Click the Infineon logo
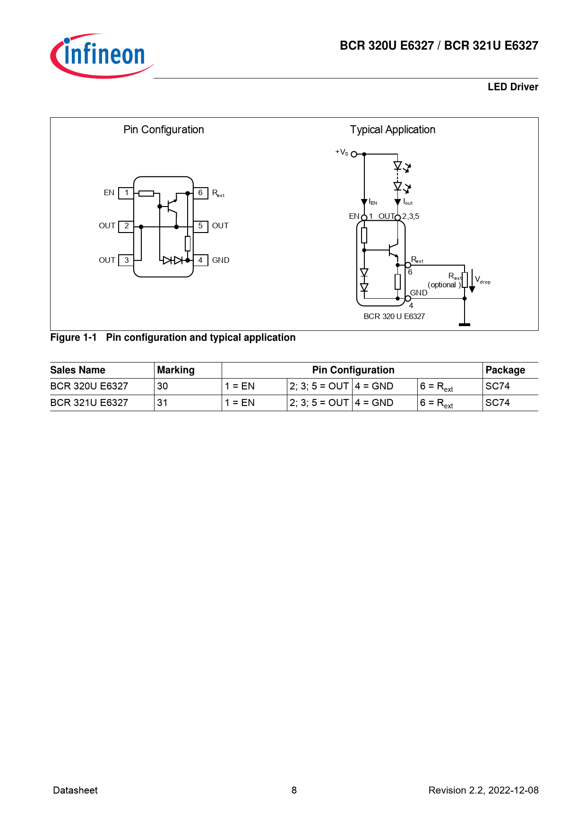(102, 55)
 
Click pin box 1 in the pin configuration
(126, 193)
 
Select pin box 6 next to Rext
(200, 193)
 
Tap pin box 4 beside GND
(200, 260)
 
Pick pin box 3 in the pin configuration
(126, 260)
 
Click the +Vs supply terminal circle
(354, 154)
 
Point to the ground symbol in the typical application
(465, 324)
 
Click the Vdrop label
(483, 280)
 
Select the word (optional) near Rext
(443, 285)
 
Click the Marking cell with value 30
(163, 386)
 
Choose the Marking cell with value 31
(163, 403)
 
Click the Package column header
(505, 370)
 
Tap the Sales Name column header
(78, 370)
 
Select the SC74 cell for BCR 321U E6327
(498, 403)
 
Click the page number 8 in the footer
(294, 790)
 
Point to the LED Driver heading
(513, 87)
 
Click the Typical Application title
(392, 130)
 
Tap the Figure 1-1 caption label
(74, 337)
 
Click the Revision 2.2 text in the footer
(483, 790)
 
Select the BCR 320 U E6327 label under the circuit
(394, 316)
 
